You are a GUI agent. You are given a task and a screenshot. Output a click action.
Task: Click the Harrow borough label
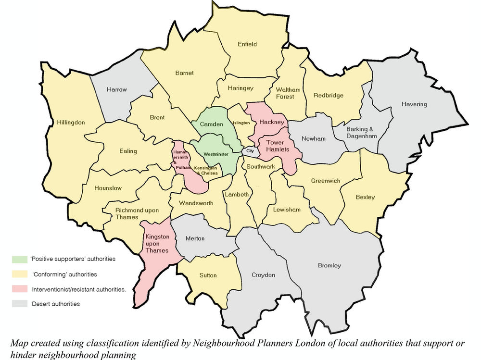click(117, 90)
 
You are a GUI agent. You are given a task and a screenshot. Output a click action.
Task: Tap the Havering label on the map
click(414, 104)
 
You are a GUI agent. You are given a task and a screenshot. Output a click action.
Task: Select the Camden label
click(212, 124)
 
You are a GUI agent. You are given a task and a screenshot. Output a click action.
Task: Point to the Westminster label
click(215, 154)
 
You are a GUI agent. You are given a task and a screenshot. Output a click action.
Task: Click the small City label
click(249, 150)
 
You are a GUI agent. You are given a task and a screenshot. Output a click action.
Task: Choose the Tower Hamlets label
click(278, 146)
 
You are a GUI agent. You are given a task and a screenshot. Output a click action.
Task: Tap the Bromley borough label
click(329, 265)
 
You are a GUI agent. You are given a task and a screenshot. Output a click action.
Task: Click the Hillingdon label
click(70, 123)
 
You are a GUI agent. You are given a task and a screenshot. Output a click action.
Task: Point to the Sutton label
click(208, 275)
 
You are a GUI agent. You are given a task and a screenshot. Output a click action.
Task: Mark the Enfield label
click(247, 44)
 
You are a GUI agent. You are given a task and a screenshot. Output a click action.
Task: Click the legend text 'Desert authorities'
click(56, 304)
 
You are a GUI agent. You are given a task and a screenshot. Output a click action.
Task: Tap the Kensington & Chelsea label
click(206, 170)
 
